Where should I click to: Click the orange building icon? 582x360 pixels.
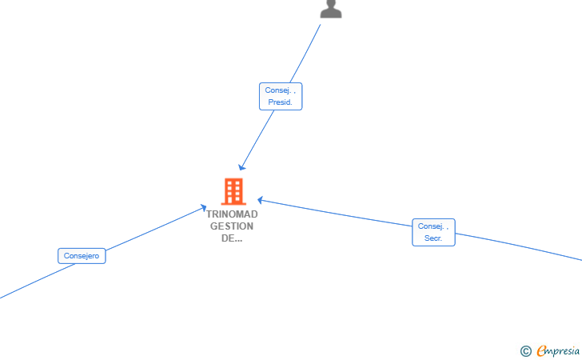pyautogui.click(x=233, y=191)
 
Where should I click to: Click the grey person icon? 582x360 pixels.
pyautogui.click(x=331, y=9)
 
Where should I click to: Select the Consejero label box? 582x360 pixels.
pyautogui.click(x=82, y=256)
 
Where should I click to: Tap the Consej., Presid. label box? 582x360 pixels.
pyautogui.click(x=281, y=96)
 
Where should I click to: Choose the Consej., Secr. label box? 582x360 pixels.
pyautogui.click(x=433, y=232)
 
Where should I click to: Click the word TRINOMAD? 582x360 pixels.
pyautogui.click(x=232, y=214)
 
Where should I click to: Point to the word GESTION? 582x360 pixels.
pyautogui.click(x=232, y=226)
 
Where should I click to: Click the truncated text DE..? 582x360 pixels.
pyautogui.click(x=232, y=238)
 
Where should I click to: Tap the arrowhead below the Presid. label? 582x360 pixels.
pyautogui.click(x=241, y=167)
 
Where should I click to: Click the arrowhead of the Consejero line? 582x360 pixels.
pyautogui.click(x=203, y=208)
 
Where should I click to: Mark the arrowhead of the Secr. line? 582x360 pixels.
pyautogui.click(x=261, y=200)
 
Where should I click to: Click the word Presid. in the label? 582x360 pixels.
pyautogui.click(x=281, y=102)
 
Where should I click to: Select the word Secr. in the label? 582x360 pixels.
pyautogui.click(x=433, y=238)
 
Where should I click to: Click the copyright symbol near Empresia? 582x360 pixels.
pyautogui.click(x=526, y=351)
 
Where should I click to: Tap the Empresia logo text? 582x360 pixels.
pyautogui.click(x=558, y=350)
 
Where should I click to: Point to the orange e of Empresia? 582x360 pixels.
pyautogui.click(x=541, y=350)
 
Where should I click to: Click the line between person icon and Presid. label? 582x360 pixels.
pyautogui.click(x=305, y=54)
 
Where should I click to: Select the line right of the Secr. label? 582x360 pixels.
pyautogui.click(x=519, y=246)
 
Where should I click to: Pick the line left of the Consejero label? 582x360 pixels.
pyautogui.click(x=37, y=281)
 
